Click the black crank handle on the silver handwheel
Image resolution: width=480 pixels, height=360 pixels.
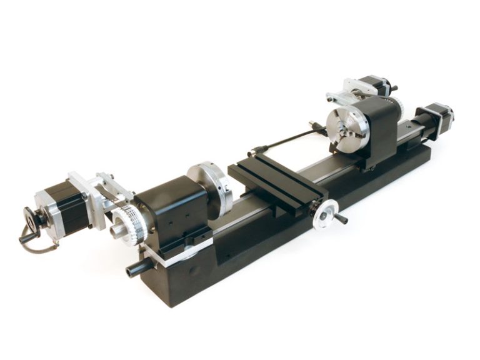tap(341, 220)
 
